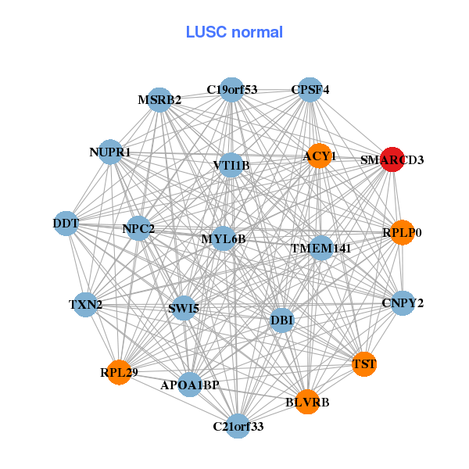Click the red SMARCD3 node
tap(392, 159)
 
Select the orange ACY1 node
tap(320, 156)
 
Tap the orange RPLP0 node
tap(402, 233)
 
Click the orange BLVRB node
tap(308, 402)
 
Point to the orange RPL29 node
tap(119, 371)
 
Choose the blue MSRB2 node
tap(159, 100)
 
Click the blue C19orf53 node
tap(231, 90)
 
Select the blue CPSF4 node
tap(310, 90)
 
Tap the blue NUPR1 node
tap(110, 152)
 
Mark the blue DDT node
tap(66, 224)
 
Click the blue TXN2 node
tap(86, 303)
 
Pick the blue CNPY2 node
tap(403, 303)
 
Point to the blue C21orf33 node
tap(238, 426)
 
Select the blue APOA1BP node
tap(190, 385)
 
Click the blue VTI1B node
tap(231, 165)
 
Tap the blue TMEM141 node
tap(321, 248)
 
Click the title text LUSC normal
tap(234, 32)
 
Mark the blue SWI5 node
tap(184, 308)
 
